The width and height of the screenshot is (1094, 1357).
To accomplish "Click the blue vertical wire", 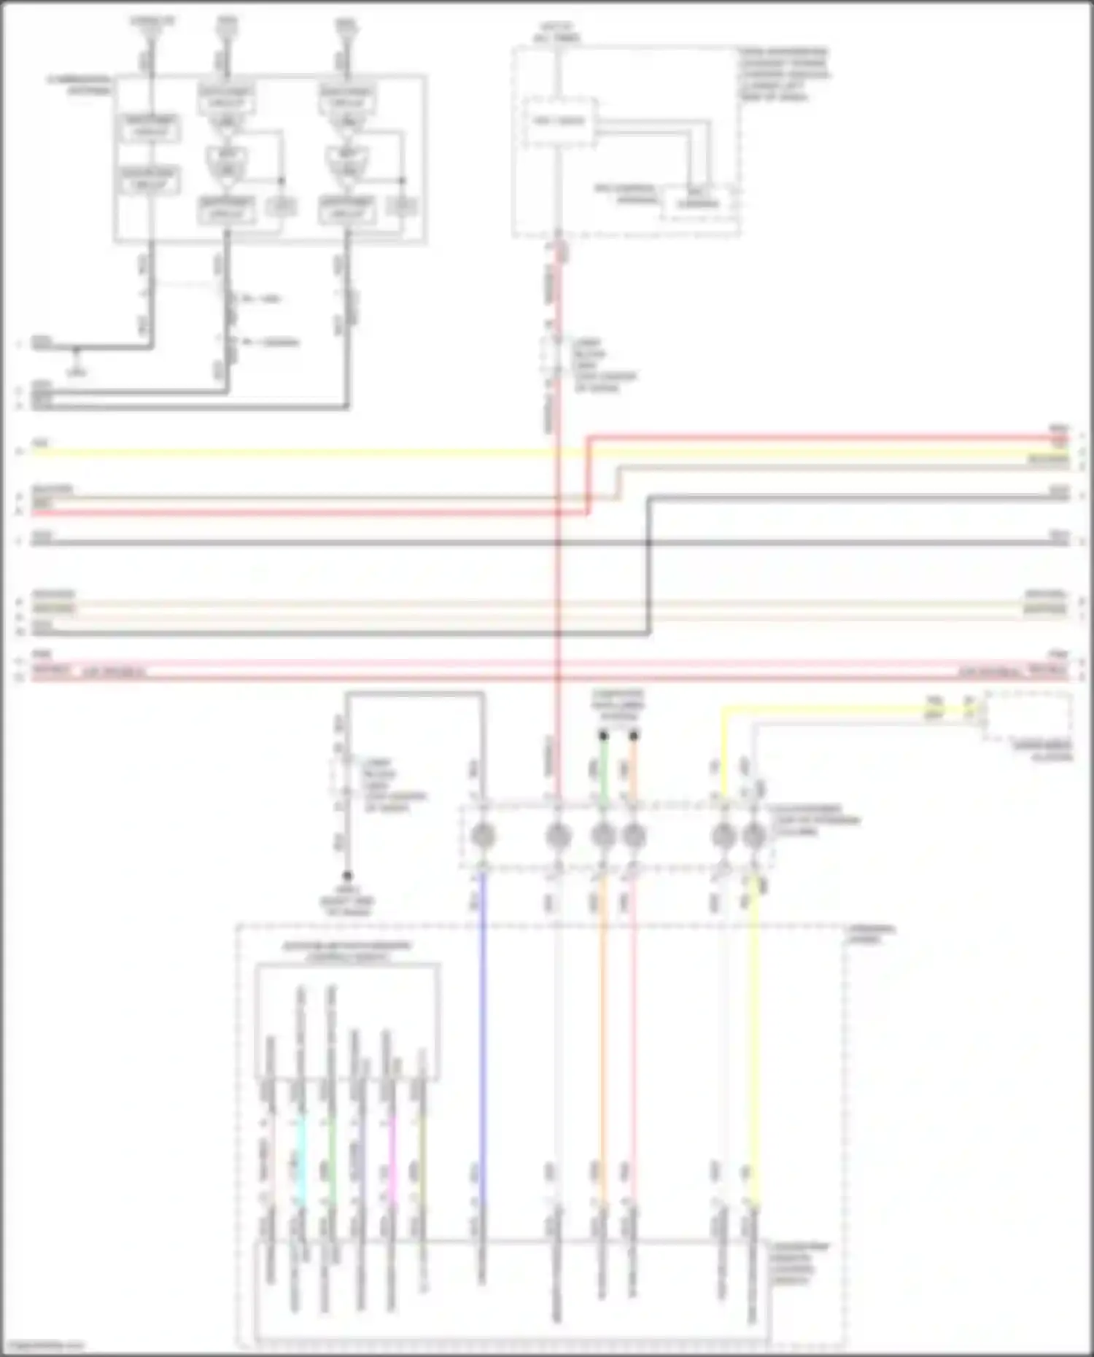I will point(481,1021).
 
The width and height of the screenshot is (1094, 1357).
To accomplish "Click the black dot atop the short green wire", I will point(603,736).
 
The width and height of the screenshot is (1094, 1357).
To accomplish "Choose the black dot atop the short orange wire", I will point(633,736).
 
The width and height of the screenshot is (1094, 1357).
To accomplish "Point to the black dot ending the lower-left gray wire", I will point(348,875).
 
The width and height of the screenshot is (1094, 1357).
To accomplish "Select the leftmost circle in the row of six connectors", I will point(481,836).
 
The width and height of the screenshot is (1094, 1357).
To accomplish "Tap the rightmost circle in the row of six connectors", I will point(754,836).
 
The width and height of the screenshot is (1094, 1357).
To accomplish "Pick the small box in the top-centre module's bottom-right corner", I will point(698,203).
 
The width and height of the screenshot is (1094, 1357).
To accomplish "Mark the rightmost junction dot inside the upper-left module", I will point(402,180).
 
